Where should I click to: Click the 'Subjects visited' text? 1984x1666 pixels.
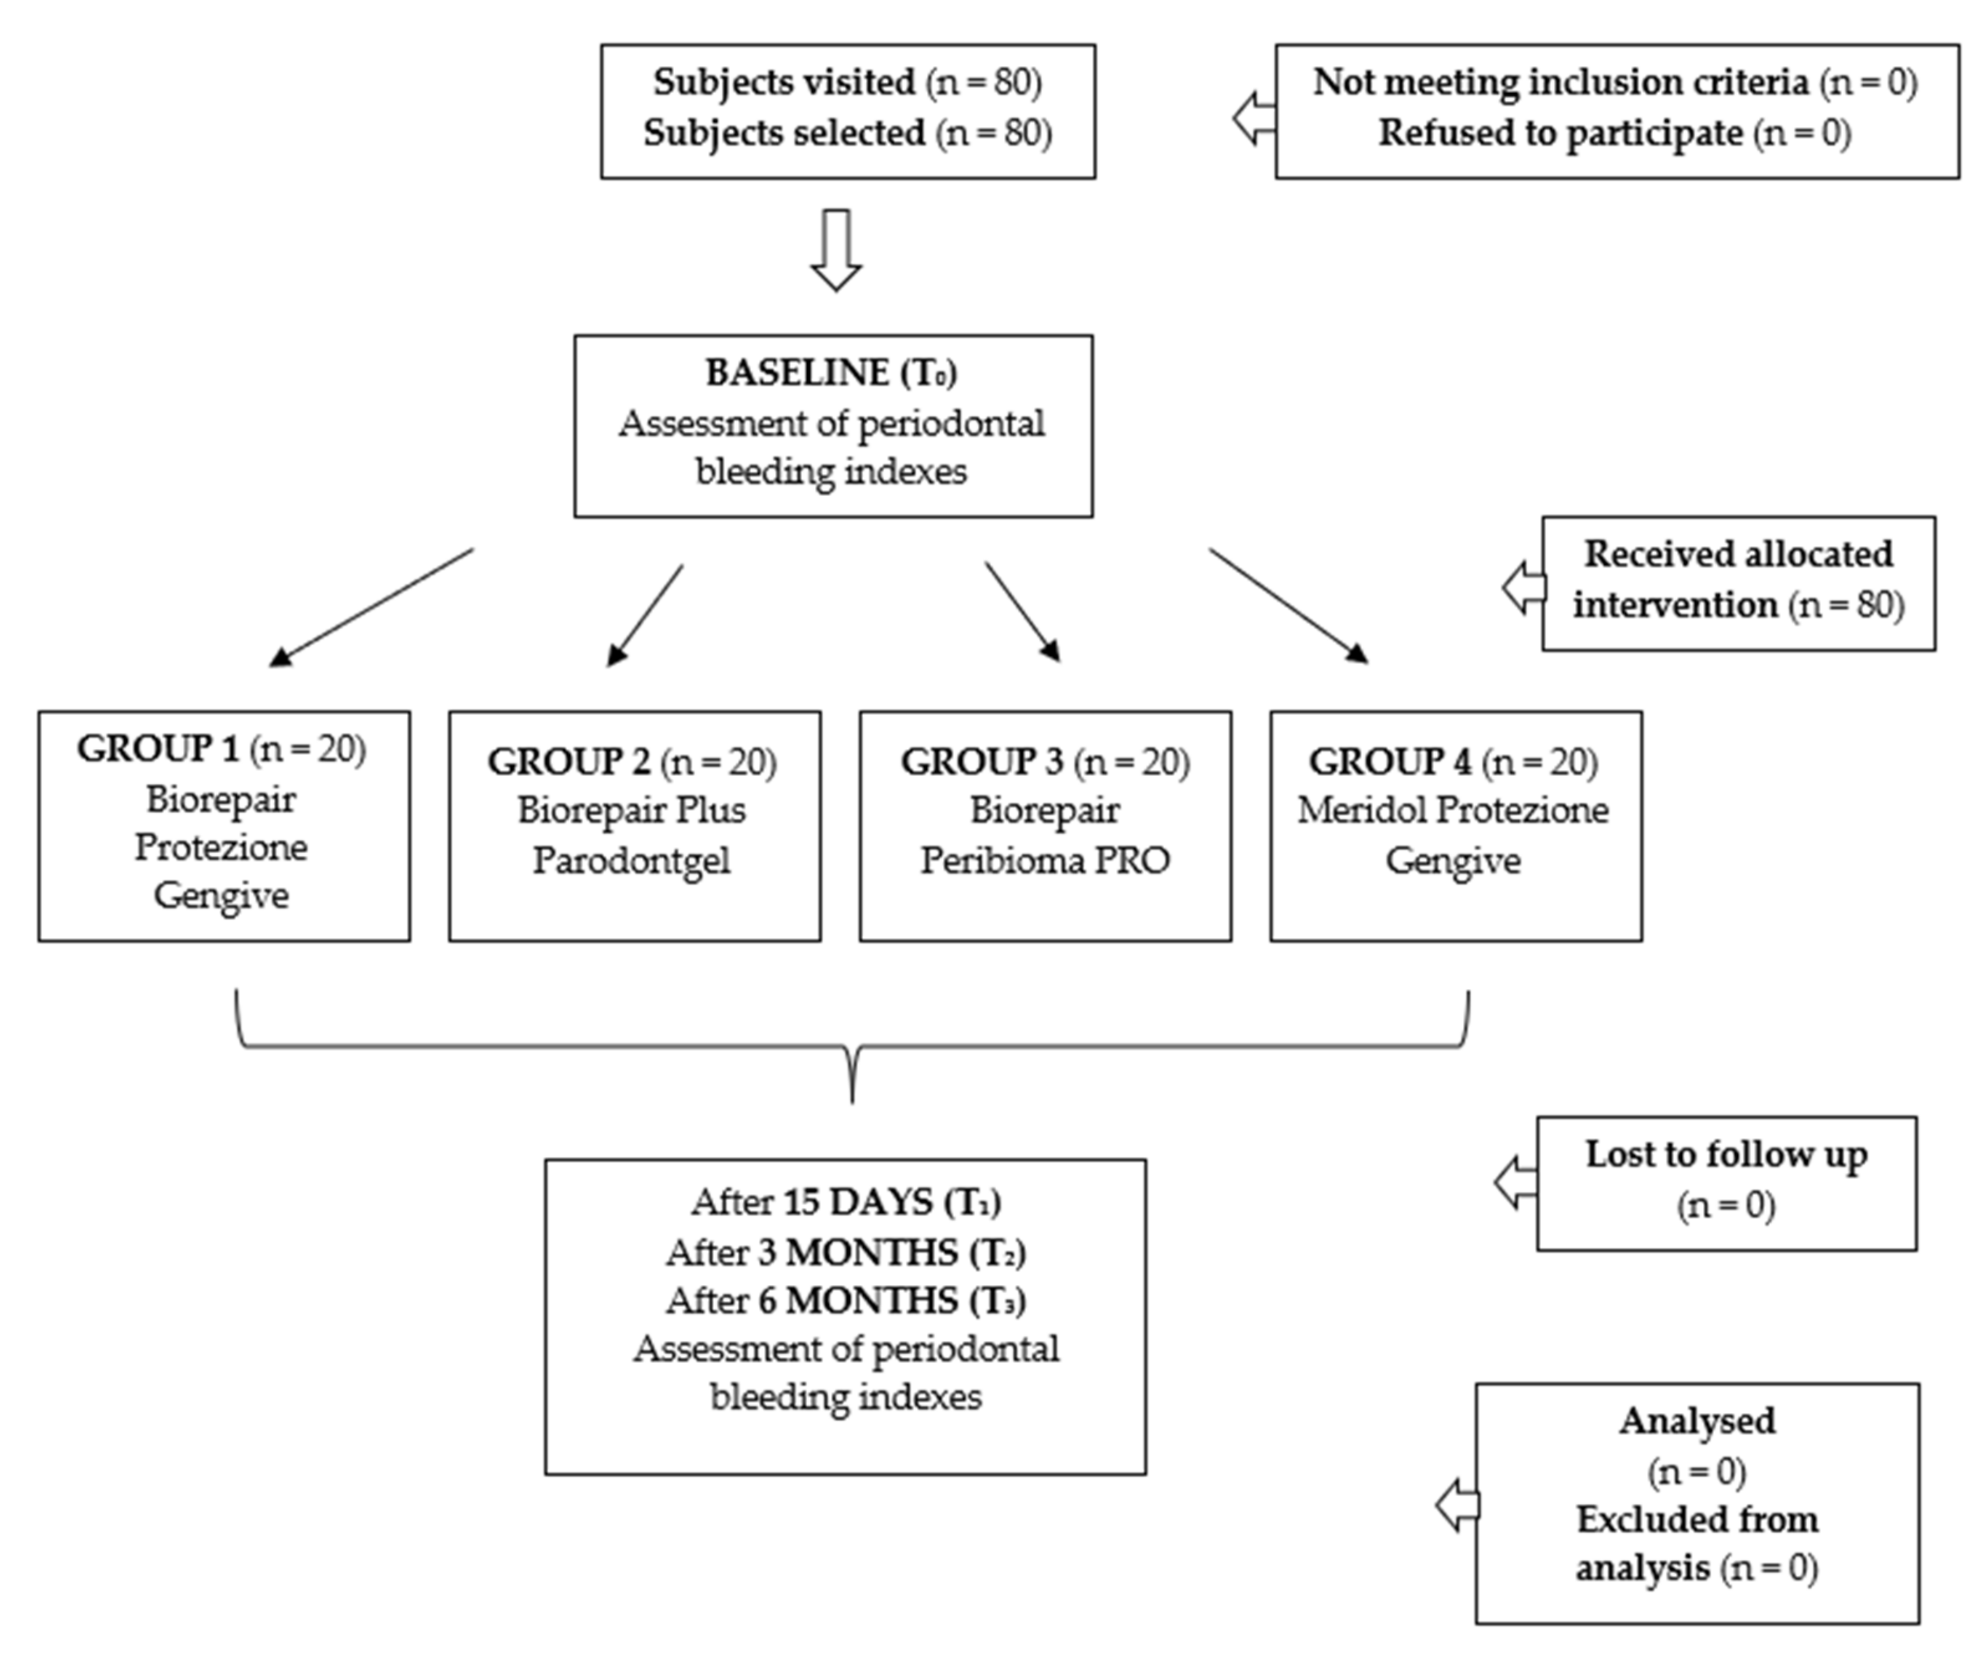pyautogui.click(x=784, y=82)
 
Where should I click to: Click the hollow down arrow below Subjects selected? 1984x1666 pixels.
pyautogui.click(x=836, y=249)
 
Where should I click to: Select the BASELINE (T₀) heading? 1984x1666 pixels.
pyautogui.click(x=832, y=373)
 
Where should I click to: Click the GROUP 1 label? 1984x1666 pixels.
pyautogui.click(x=158, y=749)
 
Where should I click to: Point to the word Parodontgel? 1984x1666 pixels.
pyautogui.click(x=631, y=861)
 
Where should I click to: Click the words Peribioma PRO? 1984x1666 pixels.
pyautogui.click(x=1045, y=861)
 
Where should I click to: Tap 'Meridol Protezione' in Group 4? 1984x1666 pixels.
pyautogui.click(x=1452, y=810)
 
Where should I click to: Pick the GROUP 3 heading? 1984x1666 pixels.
pyautogui.click(x=983, y=761)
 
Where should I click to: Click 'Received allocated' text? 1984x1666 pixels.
pyautogui.click(x=1738, y=554)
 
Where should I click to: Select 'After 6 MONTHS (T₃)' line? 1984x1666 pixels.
pyautogui.click(x=846, y=1300)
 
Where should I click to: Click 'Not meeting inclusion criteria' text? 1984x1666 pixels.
pyautogui.click(x=1560, y=82)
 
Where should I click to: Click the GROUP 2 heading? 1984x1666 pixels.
pyautogui.click(x=568, y=761)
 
